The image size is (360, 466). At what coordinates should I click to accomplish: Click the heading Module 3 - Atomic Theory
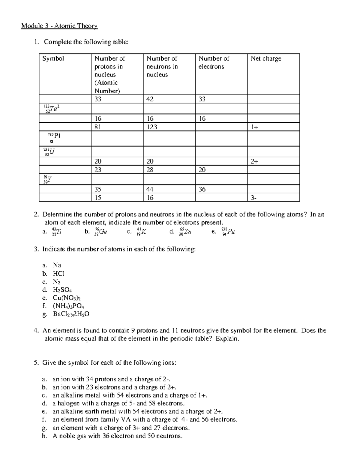[59, 26]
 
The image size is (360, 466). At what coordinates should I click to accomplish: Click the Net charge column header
[266, 59]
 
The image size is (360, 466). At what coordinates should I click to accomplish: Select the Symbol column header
[53, 59]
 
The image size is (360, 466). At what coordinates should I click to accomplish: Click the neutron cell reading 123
[152, 127]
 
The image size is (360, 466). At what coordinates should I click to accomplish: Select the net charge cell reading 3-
[254, 198]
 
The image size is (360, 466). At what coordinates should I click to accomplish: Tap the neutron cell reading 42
[150, 99]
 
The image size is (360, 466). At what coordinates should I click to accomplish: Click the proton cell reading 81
[98, 127]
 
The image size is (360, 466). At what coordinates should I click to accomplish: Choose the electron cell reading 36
[202, 189]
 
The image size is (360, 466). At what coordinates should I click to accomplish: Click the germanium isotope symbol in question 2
[100, 231]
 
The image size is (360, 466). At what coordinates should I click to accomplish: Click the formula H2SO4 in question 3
[62, 290]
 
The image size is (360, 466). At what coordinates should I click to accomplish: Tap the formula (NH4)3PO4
[68, 306]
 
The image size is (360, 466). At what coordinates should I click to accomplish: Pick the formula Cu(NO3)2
[67, 298]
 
